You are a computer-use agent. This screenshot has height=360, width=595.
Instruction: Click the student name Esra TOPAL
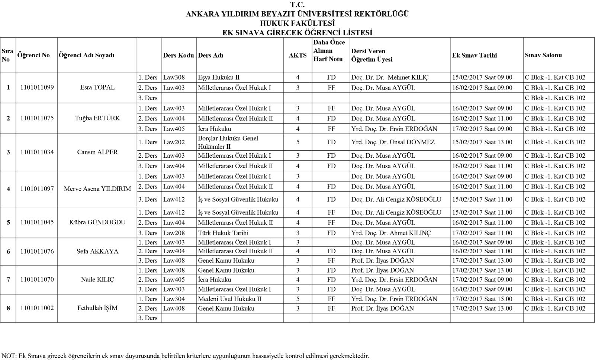[97, 88]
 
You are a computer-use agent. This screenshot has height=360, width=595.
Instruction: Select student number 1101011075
[37, 118]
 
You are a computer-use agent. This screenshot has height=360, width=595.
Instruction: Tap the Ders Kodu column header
[178, 55]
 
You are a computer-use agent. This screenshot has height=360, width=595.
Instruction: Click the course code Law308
[174, 78]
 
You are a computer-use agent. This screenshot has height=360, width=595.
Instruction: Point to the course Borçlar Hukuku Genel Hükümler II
[228, 142]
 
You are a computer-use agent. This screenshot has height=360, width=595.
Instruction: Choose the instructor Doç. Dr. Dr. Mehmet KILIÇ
[390, 78]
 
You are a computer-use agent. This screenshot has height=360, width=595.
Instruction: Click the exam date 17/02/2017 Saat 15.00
[482, 299]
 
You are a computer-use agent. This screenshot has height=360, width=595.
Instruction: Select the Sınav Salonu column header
[543, 55]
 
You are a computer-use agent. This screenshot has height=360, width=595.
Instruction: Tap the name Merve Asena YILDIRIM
[97, 189]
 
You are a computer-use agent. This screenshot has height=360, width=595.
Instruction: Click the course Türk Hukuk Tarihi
[223, 233]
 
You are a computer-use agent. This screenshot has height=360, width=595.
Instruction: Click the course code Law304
[174, 299]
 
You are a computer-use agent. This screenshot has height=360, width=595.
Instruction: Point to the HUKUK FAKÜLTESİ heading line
[297, 23]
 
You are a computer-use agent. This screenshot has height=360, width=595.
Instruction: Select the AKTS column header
[297, 55]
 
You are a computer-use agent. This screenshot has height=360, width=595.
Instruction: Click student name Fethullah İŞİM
[97, 308]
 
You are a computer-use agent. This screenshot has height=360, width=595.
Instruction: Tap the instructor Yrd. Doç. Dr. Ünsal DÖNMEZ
[393, 142]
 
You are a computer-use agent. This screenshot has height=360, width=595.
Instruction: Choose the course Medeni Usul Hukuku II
[229, 299]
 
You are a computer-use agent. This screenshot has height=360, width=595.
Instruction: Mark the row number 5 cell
[8, 222]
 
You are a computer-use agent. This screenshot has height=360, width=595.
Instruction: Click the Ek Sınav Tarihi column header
[475, 55]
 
